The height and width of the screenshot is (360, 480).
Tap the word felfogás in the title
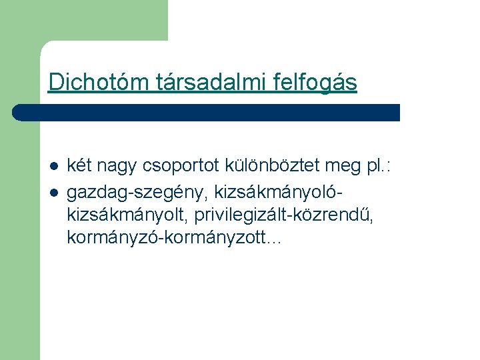315,82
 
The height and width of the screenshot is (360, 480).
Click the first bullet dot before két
53,165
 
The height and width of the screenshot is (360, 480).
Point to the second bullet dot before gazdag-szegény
53,193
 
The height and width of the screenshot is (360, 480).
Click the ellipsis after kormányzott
274,238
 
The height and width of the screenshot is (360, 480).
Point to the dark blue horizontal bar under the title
207,112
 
